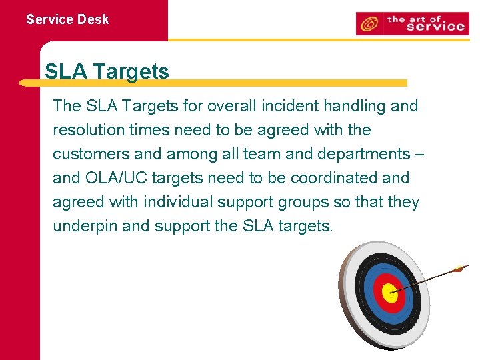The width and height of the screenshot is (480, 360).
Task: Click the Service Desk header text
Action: tap(67, 19)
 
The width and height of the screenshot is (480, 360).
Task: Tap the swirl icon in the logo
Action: tap(368, 25)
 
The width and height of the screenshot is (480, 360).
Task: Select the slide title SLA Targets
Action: tap(107, 71)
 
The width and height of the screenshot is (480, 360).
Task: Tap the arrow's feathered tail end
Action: tap(459, 269)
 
